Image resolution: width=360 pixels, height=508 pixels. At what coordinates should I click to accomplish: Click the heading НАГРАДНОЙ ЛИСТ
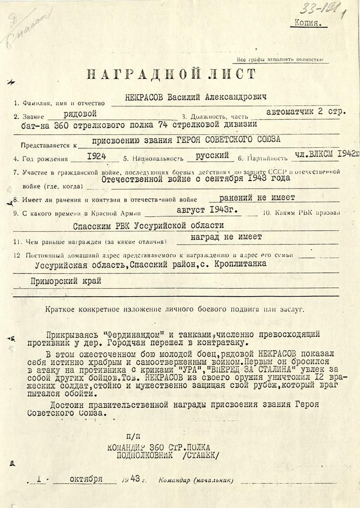click(x=171, y=75)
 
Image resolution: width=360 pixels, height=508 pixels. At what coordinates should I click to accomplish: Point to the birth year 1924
click(x=96, y=156)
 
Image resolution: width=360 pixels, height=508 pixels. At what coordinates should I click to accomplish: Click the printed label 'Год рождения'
click(x=44, y=159)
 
